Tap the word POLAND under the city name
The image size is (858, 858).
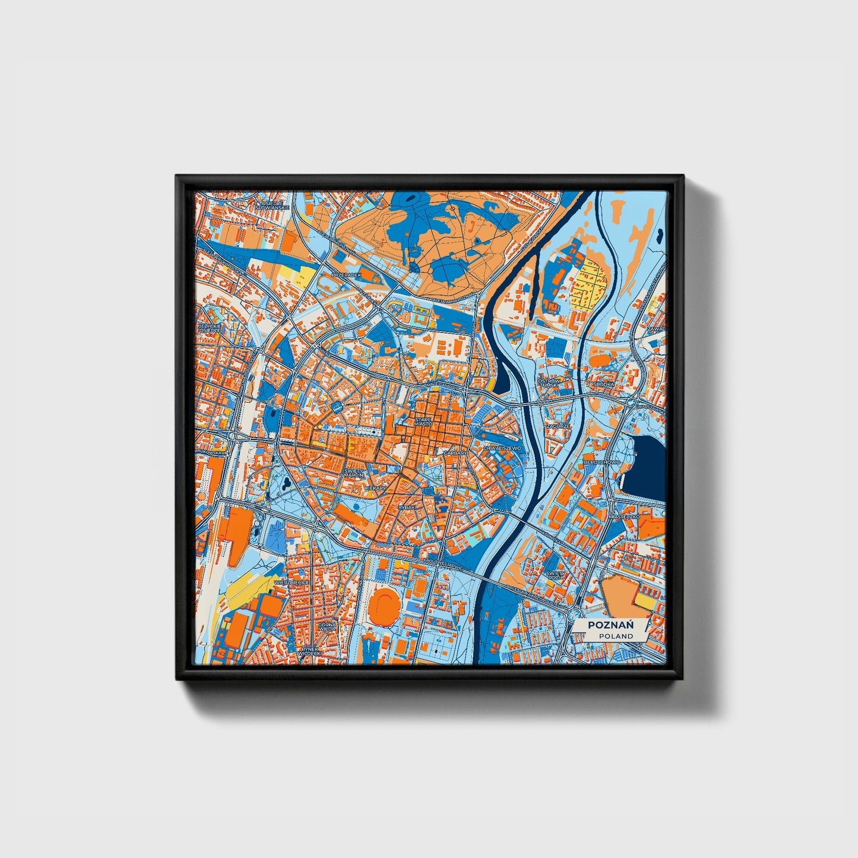[x=615, y=636]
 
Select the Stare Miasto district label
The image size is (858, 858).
[x=423, y=422]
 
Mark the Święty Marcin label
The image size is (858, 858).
[x=353, y=473]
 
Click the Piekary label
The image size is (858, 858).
[x=375, y=487]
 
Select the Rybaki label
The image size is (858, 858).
[x=407, y=507]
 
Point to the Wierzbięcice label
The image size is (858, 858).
[x=290, y=583]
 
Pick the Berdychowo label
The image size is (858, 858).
[x=601, y=461]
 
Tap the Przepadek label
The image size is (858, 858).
[x=346, y=276]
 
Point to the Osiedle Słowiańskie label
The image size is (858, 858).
[x=273, y=205]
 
